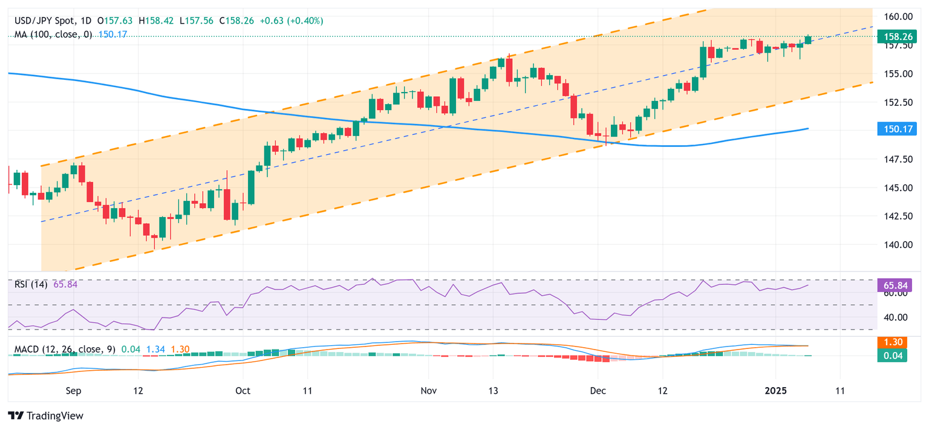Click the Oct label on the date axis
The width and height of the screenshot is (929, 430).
(x=243, y=391)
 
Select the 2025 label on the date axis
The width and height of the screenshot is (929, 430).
(x=775, y=391)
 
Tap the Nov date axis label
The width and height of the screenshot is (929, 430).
(x=428, y=391)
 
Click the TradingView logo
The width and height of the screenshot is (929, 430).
(x=46, y=416)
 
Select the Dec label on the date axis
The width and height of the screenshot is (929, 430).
(x=598, y=391)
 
